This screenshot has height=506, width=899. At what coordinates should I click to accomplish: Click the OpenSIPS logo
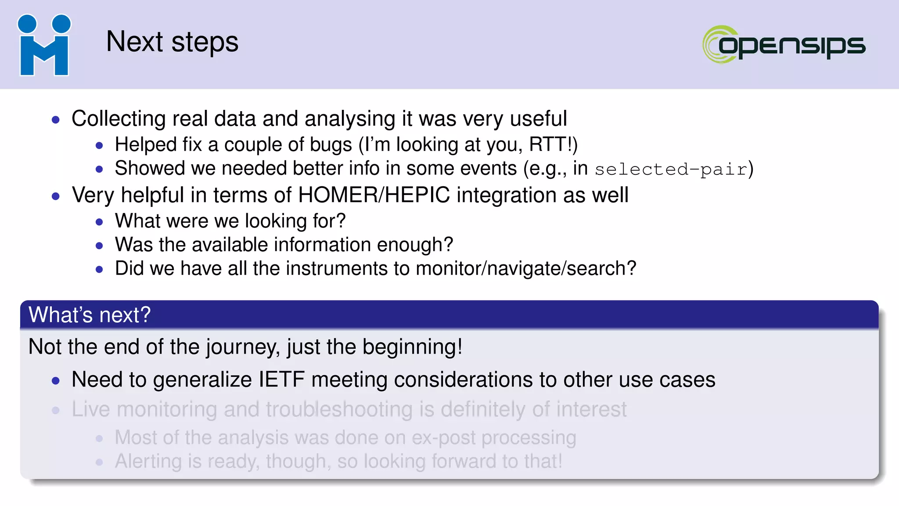[x=784, y=44]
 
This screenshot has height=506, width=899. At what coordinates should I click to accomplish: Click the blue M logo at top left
[x=44, y=45]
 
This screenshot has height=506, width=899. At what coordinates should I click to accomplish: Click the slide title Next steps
[x=172, y=42]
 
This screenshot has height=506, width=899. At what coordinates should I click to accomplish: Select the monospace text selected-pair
[x=671, y=170]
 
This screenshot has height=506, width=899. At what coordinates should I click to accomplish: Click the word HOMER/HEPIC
[x=374, y=195]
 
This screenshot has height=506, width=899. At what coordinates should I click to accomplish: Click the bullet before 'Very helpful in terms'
[x=55, y=196]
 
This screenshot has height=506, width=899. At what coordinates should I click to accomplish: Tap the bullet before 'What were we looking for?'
[x=99, y=222]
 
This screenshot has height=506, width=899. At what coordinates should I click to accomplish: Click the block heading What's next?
[x=90, y=315]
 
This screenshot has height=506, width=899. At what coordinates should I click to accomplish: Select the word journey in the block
[x=243, y=347]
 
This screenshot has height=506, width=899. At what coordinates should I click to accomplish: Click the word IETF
[x=281, y=379]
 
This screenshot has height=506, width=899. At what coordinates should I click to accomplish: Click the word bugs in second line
[x=331, y=145]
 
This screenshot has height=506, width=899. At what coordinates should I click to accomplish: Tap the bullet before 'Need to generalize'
[x=55, y=380]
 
